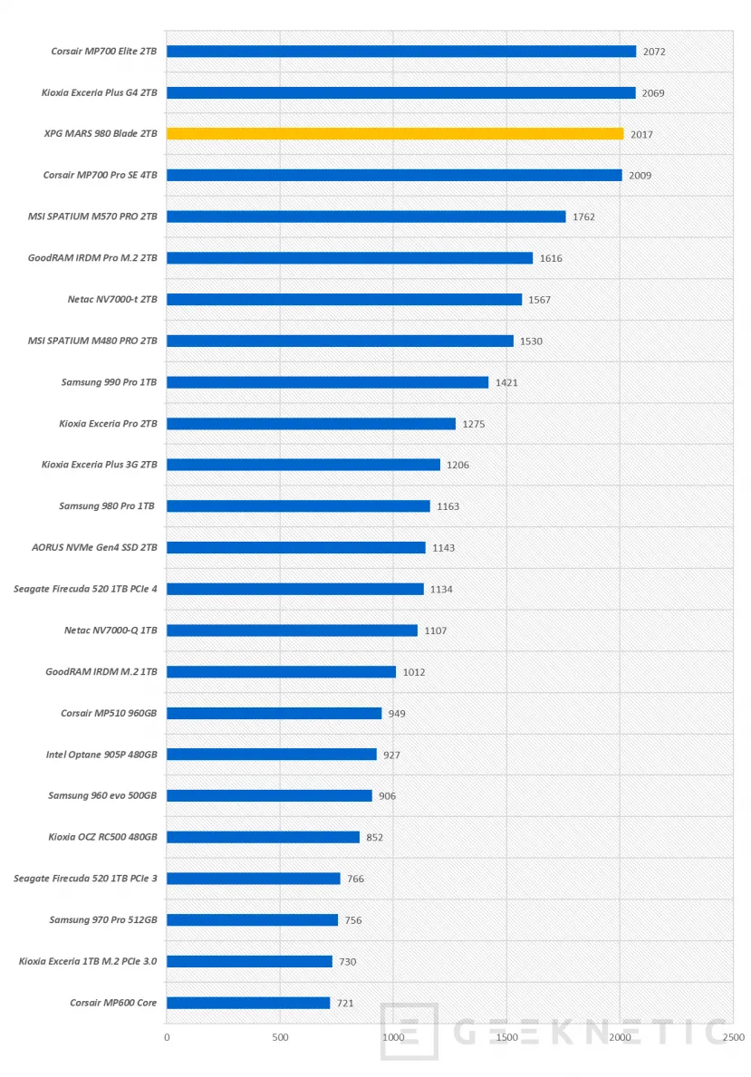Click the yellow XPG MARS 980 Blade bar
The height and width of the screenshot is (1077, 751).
(x=395, y=134)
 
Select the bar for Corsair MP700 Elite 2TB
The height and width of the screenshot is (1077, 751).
(x=401, y=52)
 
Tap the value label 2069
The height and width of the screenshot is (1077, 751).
(x=653, y=93)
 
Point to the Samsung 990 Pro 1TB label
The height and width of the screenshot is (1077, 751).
(x=109, y=382)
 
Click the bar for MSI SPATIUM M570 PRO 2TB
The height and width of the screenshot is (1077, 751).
(x=366, y=216)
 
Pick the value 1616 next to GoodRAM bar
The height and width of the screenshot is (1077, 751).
(x=551, y=258)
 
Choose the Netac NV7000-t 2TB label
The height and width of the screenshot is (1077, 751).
(x=105, y=300)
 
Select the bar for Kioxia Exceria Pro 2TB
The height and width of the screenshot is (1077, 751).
(x=311, y=423)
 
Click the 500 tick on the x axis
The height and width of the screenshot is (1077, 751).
(x=280, y=1037)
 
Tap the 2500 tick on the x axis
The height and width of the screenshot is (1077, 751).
(x=733, y=1037)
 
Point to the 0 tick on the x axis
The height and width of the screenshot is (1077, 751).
(x=167, y=1037)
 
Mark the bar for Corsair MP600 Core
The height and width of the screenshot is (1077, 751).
(x=248, y=1003)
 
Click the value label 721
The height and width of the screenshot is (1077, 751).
(x=345, y=1004)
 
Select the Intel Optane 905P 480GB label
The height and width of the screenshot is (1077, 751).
(x=101, y=755)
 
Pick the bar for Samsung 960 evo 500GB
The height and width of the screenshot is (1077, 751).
(x=269, y=795)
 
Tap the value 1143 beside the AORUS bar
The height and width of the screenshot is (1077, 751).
(x=444, y=548)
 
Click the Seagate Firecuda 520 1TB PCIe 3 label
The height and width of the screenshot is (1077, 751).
(x=85, y=879)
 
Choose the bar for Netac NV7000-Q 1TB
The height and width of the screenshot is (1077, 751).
(x=292, y=630)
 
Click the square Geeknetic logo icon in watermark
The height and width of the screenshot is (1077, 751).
(x=409, y=1031)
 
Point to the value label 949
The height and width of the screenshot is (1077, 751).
(x=397, y=714)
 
